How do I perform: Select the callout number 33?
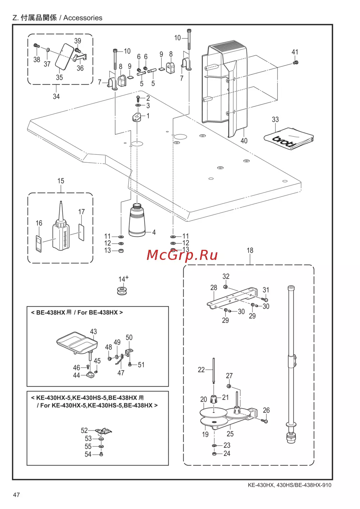[275, 120]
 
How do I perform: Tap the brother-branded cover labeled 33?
[288, 139]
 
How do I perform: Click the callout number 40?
[244, 141]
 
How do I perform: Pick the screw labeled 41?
[296, 63]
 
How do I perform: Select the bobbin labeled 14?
[122, 290]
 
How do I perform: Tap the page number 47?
[17, 495]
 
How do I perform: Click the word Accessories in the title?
[83, 18]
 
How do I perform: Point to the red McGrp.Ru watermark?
[182, 255]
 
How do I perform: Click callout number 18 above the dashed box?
[250, 251]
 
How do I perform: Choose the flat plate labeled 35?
[64, 57]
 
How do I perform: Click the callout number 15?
[60, 181]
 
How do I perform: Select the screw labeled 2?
[138, 98]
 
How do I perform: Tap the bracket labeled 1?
[137, 117]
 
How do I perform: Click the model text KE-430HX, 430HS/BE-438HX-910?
[289, 485]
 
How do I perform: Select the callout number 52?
[84, 431]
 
